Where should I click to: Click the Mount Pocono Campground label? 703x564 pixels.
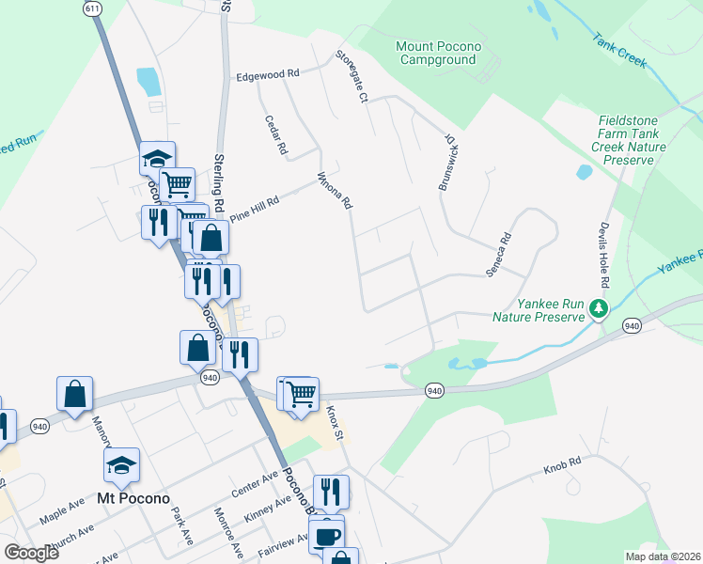[x=439, y=53]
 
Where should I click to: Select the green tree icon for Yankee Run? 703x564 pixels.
[x=598, y=308]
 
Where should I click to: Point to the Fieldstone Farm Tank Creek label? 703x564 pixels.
[x=632, y=140]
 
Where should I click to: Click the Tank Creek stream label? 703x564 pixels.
[x=619, y=51]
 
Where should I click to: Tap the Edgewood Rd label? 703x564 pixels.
[x=268, y=73]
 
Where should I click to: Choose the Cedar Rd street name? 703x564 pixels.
[x=276, y=134]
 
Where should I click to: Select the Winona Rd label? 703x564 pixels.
[x=335, y=189]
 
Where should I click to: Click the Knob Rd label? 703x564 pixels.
[x=562, y=465]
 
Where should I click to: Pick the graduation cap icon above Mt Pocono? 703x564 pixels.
[x=121, y=465]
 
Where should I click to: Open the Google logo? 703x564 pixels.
[x=31, y=552]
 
